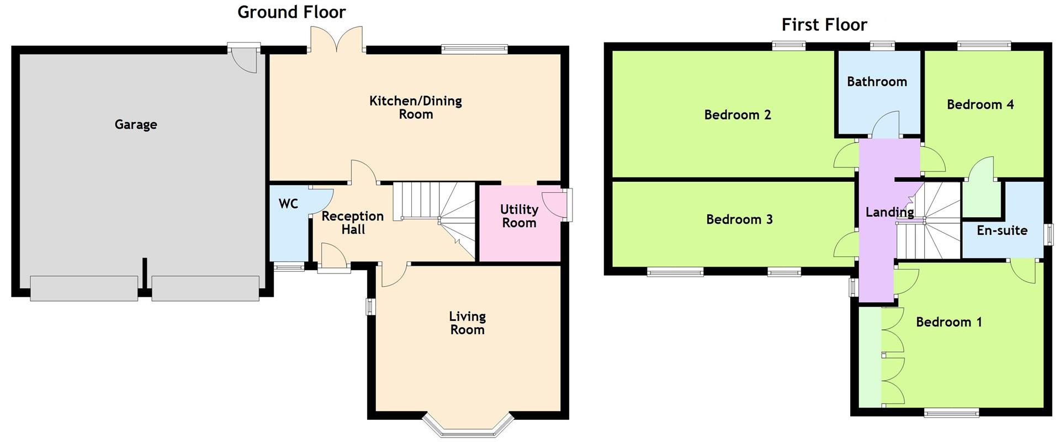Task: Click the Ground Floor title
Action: pyautogui.click(x=291, y=12)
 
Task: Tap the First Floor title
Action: pyautogui.click(x=824, y=25)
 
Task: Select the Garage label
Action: pyautogui.click(x=136, y=125)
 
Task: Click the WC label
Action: pyautogui.click(x=288, y=204)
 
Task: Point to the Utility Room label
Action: pyautogui.click(x=519, y=216)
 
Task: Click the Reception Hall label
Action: pyautogui.click(x=352, y=223)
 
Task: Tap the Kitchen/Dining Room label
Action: pyautogui.click(x=415, y=108)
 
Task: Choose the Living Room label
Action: pyautogui.click(x=467, y=323)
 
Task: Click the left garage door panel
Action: pyautogui.click(x=84, y=288)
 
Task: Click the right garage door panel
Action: pyautogui.click(x=205, y=288)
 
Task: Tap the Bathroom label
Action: pyautogui.click(x=877, y=82)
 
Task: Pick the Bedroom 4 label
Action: pyautogui.click(x=980, y=104)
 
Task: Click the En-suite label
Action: pyautogui.click(x=1001, y=230)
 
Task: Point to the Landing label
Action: pyautogui.click(x=889, y=212)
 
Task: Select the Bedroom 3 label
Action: pyautogui.click(x=739, y=219)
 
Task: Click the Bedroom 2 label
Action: pyautogui.click(x=737, y=115)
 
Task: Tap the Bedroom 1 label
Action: pyautogui.click(x=948, y=322)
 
